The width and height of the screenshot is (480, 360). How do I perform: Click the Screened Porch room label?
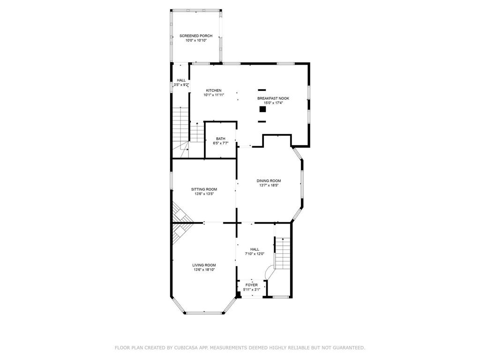point(196,36)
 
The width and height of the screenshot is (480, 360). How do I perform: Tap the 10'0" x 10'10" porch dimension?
point(196,41)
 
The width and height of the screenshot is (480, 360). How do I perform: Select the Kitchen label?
point(214,90)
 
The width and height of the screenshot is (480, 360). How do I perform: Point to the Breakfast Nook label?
point(273,98)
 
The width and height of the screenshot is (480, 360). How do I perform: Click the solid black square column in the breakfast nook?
point(262,109)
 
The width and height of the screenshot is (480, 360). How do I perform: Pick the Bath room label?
point(220,138)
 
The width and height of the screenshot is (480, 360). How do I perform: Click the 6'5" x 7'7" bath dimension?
point(220,143)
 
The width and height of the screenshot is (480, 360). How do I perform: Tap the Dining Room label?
point(269,180)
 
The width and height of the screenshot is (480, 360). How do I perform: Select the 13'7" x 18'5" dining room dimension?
point(269,185)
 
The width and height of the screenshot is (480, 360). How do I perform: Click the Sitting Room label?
point(204,189)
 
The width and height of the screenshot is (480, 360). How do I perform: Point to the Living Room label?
point(204,265)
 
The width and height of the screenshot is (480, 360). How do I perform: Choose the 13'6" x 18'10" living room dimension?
point(204,270)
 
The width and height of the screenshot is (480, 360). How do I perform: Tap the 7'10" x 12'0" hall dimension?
point(255,254)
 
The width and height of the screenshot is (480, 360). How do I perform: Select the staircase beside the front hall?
point(282,253)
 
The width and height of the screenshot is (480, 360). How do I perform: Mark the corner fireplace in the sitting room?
point(180,213)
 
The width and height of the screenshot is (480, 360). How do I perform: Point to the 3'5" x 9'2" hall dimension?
point(181,85)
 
